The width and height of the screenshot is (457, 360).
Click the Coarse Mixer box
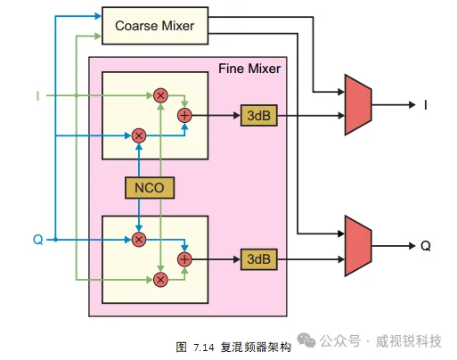click(155, 26)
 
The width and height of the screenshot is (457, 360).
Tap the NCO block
click(150, 188)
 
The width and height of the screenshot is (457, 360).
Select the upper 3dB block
click(259, 116)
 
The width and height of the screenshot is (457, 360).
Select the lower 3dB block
click(259, 259)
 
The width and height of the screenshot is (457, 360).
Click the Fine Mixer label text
click(249, 69)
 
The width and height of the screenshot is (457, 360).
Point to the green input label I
click(37, 96)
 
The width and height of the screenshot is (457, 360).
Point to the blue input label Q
click(38, 240)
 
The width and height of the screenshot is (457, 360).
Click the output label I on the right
click(426, 105)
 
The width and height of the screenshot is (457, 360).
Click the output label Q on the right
click(426, 246)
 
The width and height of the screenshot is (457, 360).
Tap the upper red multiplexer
click(358, 105)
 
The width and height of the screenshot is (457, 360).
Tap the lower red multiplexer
click(358, 246)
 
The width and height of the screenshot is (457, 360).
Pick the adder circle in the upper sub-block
click(184, 116)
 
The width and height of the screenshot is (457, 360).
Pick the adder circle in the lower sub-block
click(184, 259)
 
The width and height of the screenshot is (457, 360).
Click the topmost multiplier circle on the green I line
click(160, 95)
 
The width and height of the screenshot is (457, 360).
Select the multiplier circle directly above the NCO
click(139, 136)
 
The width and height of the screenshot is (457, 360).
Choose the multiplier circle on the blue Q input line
click(139, 240)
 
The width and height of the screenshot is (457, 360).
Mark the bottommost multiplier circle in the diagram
click(160, 280)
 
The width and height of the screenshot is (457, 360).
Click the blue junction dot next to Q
click(55, 240)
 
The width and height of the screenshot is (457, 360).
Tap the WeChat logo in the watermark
click(306, 340)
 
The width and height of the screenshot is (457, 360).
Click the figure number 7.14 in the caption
click(204, 348)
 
